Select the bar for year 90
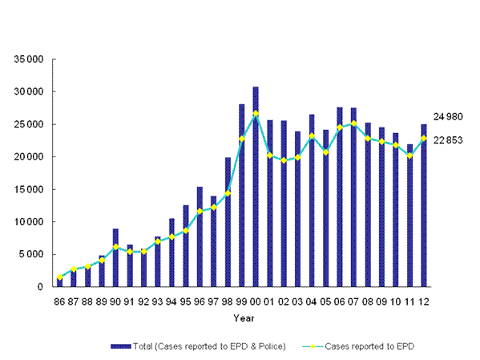tap(115, 257)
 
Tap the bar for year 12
tap(424, 205)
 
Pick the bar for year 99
tap(241, 196)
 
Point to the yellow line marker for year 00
tap(256, 113)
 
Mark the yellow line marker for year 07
tap(353, 123)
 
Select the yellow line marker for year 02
tap(284, 160)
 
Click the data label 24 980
tap(449, 117)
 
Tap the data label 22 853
tap(449, 141)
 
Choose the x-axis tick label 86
tap(59, 303)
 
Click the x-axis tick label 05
tap(325, 303)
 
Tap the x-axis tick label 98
tap(228, 303)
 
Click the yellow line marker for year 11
tap(409, 156)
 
